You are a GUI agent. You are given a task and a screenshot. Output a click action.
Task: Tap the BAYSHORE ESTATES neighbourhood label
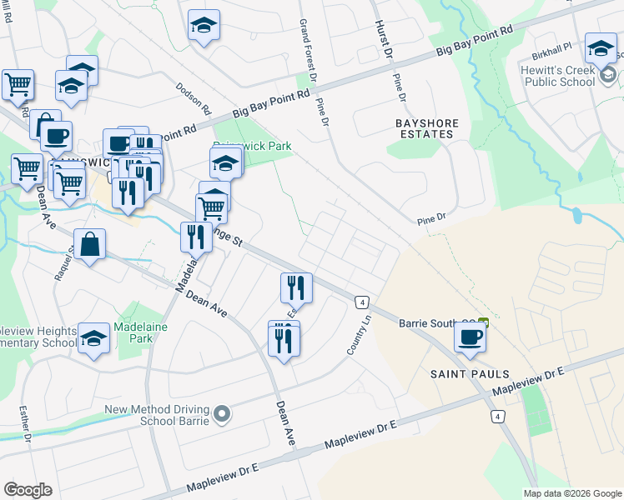click(x=426, y=128)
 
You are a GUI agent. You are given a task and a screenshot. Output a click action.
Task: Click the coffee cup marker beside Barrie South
click(x=470, y=337)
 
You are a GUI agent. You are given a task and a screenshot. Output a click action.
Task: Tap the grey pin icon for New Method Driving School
click(x=222, y=413)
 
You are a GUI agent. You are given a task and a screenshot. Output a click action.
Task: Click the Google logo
click(x=28, y=490)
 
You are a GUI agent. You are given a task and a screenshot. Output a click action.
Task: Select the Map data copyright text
click(x=571, y=493)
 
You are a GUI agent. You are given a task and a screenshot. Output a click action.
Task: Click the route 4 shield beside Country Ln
click(x=362, y=301)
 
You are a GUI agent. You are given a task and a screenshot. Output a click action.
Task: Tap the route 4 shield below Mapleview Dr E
click(x=497, y=416)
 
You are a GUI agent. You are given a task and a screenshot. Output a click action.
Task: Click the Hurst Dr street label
click(x=383, y=38)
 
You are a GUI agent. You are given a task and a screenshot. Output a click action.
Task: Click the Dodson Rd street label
click(x=194, y=99)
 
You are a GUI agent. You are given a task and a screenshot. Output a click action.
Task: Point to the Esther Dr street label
click(x=25, y=422)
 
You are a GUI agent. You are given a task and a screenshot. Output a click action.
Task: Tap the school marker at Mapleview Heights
click(x=94, y=337)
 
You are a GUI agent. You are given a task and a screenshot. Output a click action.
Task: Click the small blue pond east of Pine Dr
click(x=576, y=216)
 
